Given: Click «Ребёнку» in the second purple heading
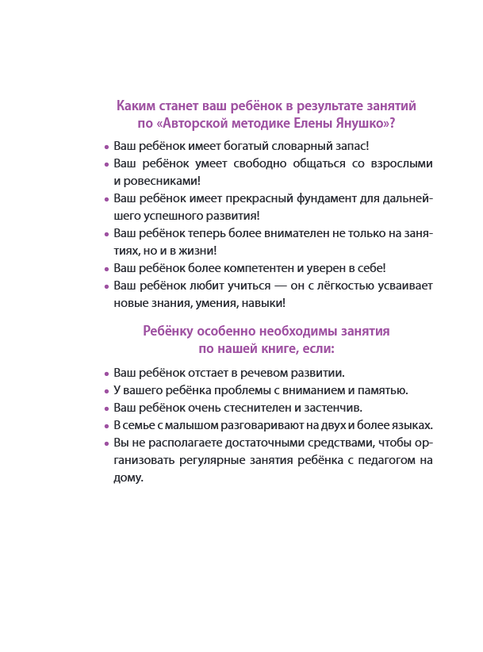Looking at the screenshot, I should tap(168, 332).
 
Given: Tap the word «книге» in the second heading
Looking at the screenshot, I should tap(283, 349).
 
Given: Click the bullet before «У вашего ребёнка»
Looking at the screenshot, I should tap(106, 390).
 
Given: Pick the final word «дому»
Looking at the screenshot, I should tap(128, 478).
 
